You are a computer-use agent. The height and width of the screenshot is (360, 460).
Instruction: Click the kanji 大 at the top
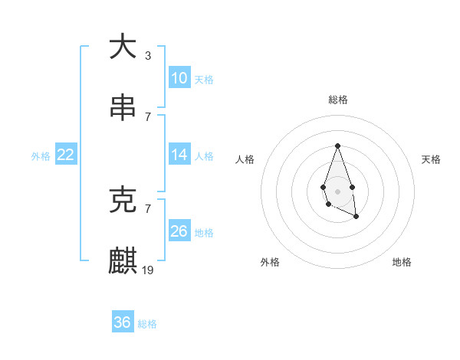[123, 47]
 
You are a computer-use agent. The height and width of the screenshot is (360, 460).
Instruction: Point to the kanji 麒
[123, 260]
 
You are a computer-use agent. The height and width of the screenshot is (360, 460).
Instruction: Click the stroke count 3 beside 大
[148, 56]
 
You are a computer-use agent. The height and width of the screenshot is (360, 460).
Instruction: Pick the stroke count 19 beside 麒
[148, 270]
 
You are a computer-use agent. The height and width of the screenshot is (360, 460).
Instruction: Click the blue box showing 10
[179, 78]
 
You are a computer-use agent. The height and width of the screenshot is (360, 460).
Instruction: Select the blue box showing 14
[179, 155]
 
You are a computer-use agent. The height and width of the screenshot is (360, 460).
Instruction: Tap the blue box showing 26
[179, 231]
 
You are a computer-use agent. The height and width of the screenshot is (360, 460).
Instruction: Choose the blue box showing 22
[66, 155]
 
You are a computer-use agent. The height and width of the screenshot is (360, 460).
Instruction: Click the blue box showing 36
[123, 322]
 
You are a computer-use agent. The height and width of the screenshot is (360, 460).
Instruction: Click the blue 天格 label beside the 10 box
[203, 80]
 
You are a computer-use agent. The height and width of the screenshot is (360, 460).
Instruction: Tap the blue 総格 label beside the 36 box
[147, 324]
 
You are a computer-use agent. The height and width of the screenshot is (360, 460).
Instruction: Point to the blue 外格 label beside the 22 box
[41, 156]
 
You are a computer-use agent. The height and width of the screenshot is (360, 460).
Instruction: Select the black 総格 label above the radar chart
[337, 100]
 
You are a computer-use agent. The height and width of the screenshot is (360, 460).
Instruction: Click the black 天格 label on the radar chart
[432, 159]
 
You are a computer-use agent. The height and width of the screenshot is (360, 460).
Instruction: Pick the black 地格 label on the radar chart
[402, 262]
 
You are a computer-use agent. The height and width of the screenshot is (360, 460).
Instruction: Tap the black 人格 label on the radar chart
[245, 159]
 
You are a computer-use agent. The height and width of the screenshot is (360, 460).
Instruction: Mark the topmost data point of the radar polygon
[337, 146]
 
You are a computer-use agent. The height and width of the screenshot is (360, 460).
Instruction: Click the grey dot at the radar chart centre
[337, 191]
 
